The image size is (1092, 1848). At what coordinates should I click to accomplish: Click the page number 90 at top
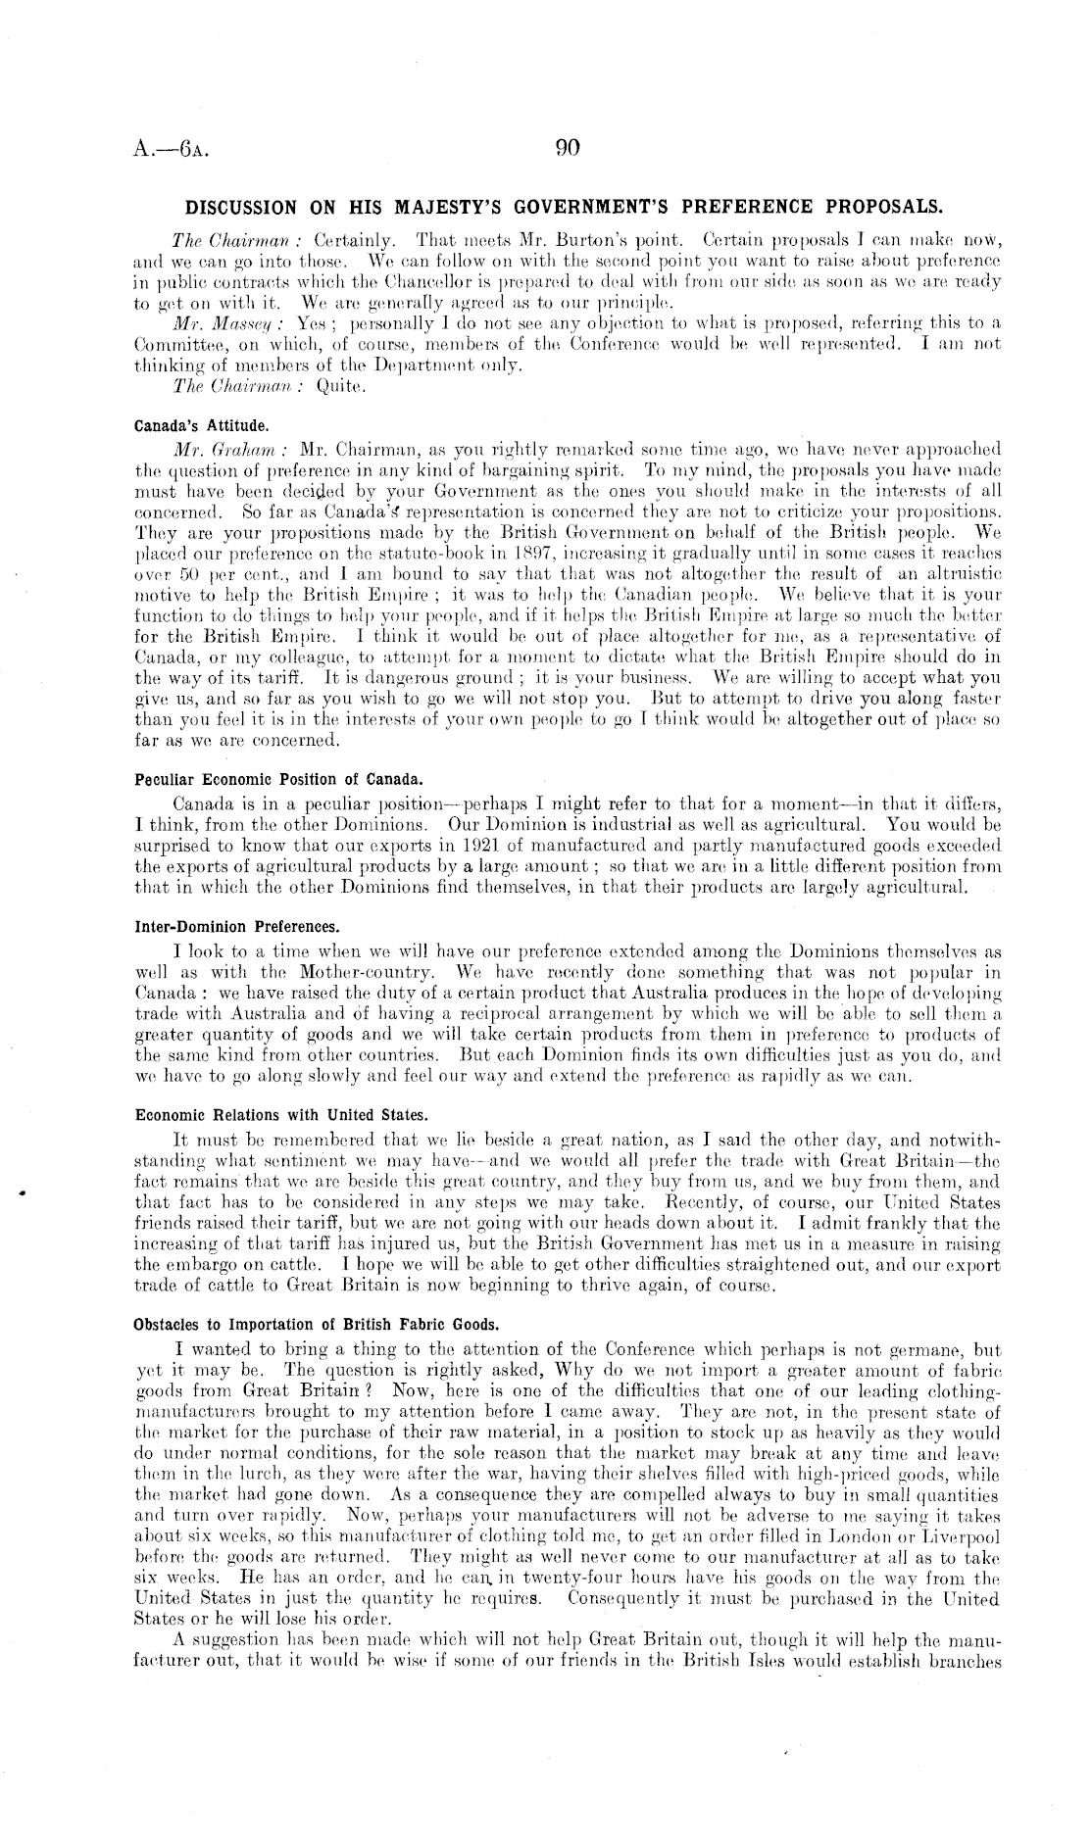tap(568, 148)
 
